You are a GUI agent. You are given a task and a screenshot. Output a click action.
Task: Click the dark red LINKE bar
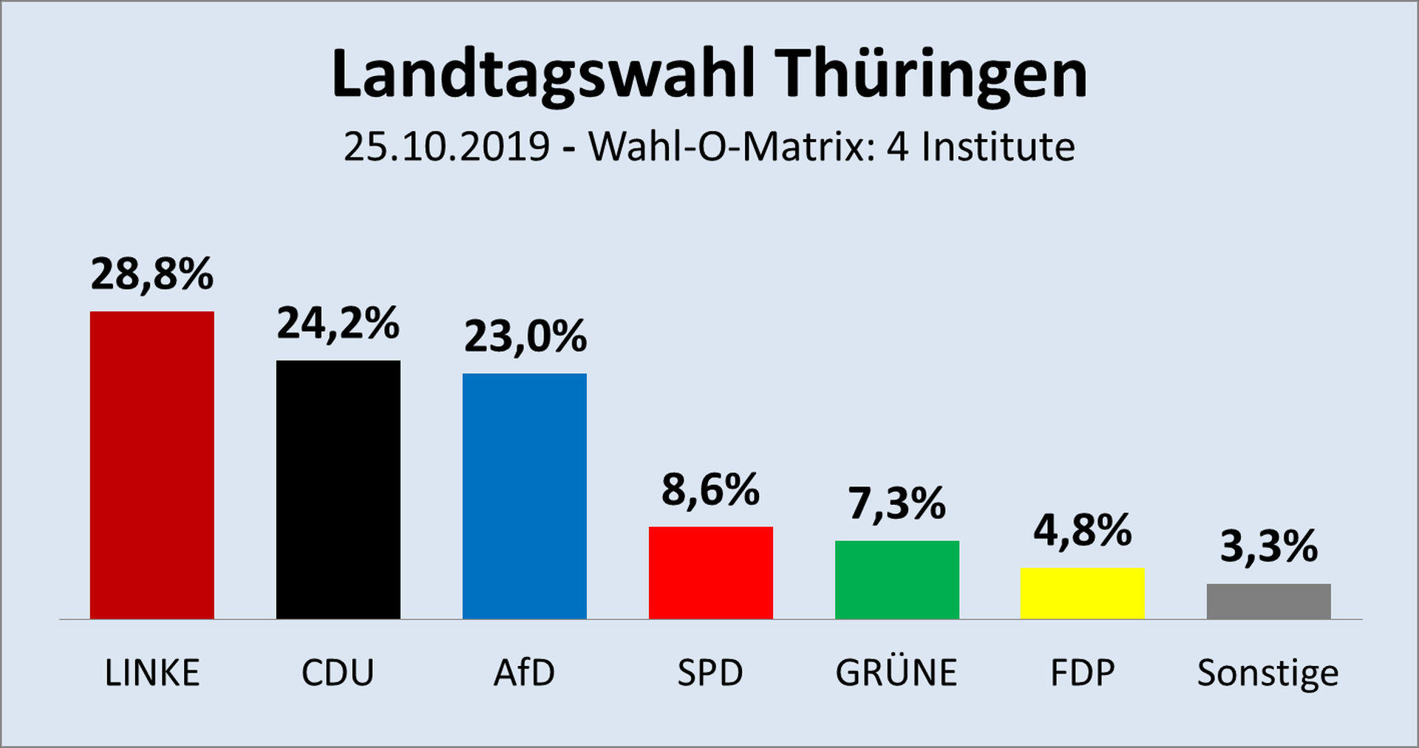point(152,465)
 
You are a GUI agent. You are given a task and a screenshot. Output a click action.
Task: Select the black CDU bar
point(338,489)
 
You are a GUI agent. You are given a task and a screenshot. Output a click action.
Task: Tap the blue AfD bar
point(524,496)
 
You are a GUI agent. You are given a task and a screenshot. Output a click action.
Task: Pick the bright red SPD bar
point(710,573)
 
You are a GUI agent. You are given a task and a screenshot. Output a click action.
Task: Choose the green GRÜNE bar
point(896,579)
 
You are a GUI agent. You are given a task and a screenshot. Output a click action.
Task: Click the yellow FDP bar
point(1082,593)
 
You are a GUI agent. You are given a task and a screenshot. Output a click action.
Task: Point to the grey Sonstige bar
point(1268,601)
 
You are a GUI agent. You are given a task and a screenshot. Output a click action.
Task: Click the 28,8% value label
point(152,274)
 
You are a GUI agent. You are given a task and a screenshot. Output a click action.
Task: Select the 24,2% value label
point(338,324)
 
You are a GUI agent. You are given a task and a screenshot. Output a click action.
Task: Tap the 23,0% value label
point(525,337)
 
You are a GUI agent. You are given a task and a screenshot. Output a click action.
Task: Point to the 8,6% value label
point(710,490)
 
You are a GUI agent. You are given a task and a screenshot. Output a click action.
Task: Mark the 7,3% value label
point(896,504)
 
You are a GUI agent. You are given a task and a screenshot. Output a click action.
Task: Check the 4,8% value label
point(1082,531)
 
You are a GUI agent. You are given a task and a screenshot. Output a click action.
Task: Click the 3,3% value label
point(1268,547)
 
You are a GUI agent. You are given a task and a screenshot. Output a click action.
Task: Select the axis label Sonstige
point(1267,673)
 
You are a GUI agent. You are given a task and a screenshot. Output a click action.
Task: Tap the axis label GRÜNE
point(896,673)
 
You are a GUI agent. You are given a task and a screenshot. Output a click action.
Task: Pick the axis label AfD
point(524,673)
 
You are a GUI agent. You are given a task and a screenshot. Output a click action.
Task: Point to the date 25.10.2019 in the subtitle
point(446,146)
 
